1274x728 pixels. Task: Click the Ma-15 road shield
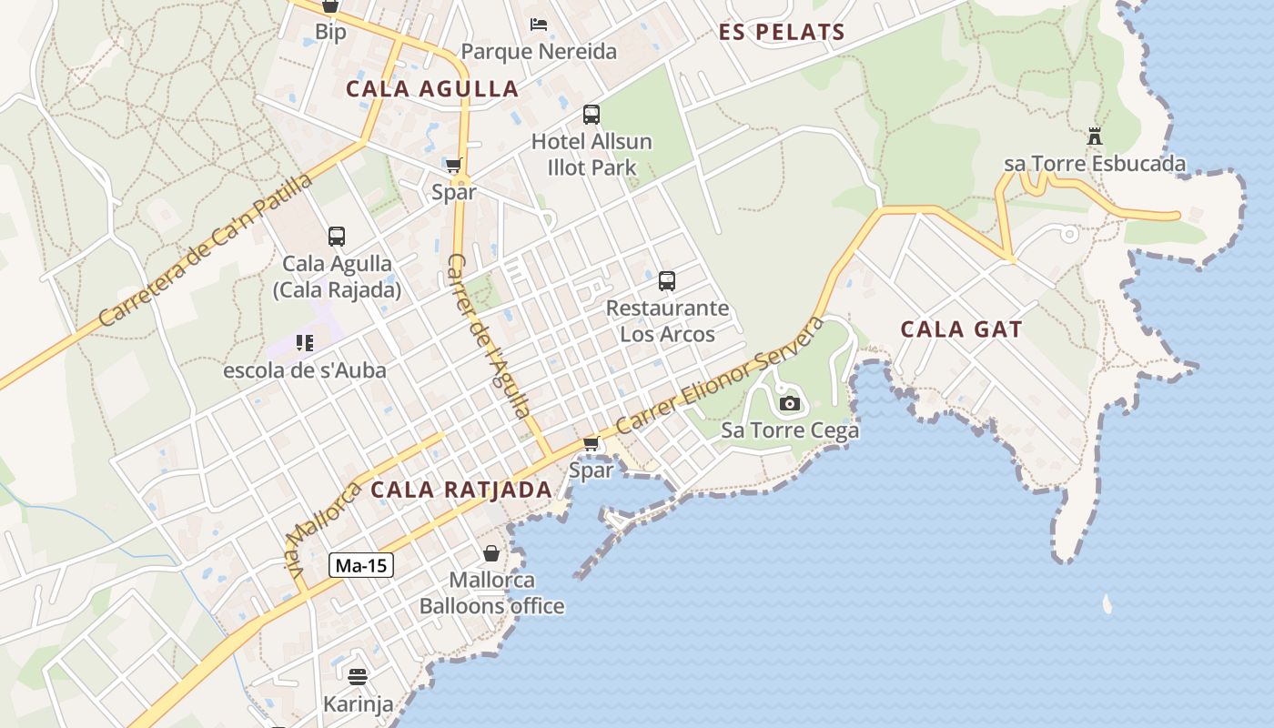(361, 565)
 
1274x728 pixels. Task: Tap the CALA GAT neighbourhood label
(961, 329)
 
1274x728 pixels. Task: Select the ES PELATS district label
(782, 33)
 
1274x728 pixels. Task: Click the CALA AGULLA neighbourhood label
(432, 89)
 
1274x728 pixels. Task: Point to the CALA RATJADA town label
(460, 490)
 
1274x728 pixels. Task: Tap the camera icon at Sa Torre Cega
(789, 403)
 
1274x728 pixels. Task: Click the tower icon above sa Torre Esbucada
(1095, 137)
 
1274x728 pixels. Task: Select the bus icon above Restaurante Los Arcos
(667, 281)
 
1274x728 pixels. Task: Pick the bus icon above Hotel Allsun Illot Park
(591, 115)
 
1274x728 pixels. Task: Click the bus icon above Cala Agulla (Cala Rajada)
(337, 237)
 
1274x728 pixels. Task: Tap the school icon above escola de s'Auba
(305, 343)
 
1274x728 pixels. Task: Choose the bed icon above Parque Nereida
(539, 24)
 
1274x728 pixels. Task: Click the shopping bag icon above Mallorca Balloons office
(491, 552)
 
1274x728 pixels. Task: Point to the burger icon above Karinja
(358, 676)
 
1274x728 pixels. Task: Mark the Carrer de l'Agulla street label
(489, 335)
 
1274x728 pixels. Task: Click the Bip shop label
(330, 33)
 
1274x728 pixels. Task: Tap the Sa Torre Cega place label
(790, 430)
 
